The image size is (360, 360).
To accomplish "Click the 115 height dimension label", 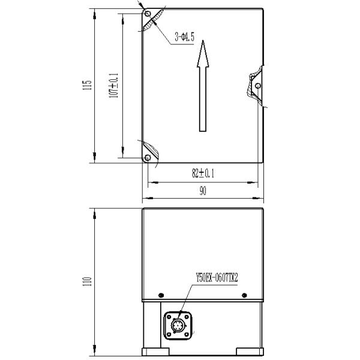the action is (x=87, y=85).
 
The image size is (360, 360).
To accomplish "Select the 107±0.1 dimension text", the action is (x=113, y=86).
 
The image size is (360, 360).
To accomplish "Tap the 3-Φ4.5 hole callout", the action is (x=184, y=37).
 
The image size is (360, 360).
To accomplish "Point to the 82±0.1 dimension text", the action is (x=203, y=173).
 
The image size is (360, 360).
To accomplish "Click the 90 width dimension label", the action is (x=203, y=191).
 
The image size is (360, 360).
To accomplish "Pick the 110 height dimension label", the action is (x=87, y=281).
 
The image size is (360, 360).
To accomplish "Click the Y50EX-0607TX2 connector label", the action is (x=217, y=277).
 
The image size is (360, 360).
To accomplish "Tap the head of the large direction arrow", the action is (x=203, y=54).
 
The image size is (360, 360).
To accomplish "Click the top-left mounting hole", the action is (x=148, y=14).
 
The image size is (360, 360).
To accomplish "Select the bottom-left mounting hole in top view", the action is (x=148, y=158).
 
